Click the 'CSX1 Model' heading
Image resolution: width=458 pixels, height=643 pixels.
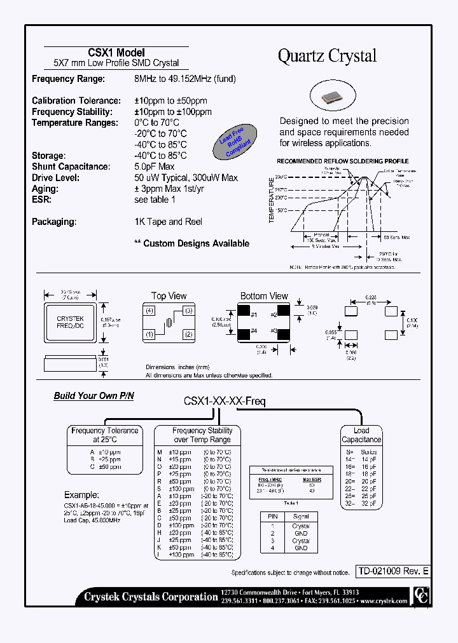click(x=116, y=53)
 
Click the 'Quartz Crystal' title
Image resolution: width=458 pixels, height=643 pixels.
click(x=327, y=56)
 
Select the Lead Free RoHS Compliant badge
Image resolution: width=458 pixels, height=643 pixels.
click(x=235, y=143)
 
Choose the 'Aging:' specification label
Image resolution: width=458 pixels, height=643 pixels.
click(x=46, y=189)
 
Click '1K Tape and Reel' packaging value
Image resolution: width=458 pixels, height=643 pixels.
click(x=167, y=222)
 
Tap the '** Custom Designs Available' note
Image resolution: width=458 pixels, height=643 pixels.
click(x=191, y=243)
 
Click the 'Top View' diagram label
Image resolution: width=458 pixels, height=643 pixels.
click(x=169, y=296)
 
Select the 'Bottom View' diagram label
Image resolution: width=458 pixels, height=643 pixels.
click(x=263, y=296)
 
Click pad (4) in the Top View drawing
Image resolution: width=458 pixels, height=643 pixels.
click(x=149, y=311)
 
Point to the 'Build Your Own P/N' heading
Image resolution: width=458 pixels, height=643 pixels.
click(x=94, y=396)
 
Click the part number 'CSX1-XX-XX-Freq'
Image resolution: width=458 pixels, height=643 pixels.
click(x=225, y=401)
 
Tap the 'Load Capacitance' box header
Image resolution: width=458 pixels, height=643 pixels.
click(x=361, y=435)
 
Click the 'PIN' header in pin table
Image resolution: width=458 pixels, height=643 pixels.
click(x=274, y=517)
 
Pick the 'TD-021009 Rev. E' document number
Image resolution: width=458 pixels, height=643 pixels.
click(x=392, y=571)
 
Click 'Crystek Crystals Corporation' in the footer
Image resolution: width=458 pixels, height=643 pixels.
click(x=151, y=597)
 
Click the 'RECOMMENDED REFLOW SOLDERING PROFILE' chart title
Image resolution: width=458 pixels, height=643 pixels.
click(x=342, y=161)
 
